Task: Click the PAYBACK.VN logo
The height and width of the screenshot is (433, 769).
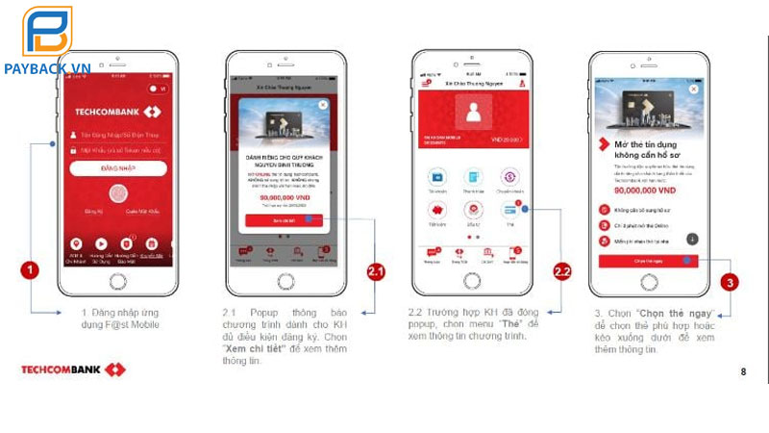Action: click(47, 43)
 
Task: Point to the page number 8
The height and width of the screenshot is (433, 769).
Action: click(742, 371)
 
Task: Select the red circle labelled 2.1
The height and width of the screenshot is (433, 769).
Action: click(376, 271)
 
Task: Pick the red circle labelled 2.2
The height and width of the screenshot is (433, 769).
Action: click(563, 271)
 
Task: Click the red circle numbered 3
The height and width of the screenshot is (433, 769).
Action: click(731, 283)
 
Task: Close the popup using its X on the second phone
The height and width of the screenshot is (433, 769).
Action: click(323, 104)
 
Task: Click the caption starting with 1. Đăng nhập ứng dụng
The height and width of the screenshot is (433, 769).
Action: click(121, 318)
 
